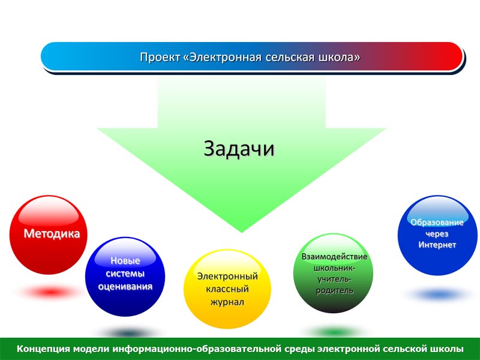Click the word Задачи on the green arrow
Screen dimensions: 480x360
click(239, 149)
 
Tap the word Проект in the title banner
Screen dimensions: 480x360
click(160, 58)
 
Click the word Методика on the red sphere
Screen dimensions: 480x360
click(52, 233)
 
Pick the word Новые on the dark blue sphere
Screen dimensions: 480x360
click(125, 260)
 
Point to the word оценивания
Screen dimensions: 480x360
click(125, 287)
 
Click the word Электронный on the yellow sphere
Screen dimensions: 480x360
click(227, 276)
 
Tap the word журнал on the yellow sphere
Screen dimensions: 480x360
click(227, 302)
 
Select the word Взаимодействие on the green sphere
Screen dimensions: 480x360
click(334, 257)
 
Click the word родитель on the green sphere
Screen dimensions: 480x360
click(335, 290)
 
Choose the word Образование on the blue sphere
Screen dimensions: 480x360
click(437, 222)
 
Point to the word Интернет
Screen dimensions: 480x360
click(437, 245)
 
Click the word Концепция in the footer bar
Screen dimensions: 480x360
click(44, 349)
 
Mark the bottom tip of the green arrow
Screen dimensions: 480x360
click(242, 232)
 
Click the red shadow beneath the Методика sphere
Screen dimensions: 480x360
click(50, 292)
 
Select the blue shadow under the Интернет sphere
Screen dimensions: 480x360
click(439, 295)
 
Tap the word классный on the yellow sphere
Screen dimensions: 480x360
click(227, 289)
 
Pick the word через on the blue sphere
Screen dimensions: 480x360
click(437, 234)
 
